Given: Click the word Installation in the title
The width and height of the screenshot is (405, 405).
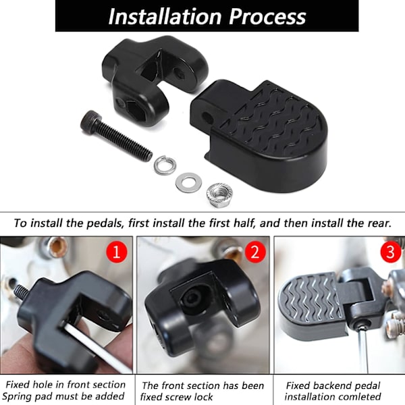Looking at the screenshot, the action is click(165, 16).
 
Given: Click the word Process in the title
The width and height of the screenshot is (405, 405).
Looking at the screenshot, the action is click(267, 16).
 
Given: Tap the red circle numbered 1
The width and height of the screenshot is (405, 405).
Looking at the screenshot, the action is click(117, 252).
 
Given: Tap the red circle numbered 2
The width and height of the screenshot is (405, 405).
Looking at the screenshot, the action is click(255, 252).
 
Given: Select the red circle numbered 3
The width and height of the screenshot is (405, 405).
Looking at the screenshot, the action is click(391, 252).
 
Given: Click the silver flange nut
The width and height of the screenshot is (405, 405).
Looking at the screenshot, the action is click(219, 195).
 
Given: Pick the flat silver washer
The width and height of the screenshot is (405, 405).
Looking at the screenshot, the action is click(187, 183).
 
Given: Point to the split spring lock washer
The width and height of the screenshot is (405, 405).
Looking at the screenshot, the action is click(165, 165).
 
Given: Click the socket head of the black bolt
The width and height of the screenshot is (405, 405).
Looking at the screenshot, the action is click(90, 120).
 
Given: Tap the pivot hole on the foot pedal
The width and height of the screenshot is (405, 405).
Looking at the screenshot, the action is click(207, 117).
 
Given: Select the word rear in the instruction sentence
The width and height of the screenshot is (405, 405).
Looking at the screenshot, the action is click(379, 223).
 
